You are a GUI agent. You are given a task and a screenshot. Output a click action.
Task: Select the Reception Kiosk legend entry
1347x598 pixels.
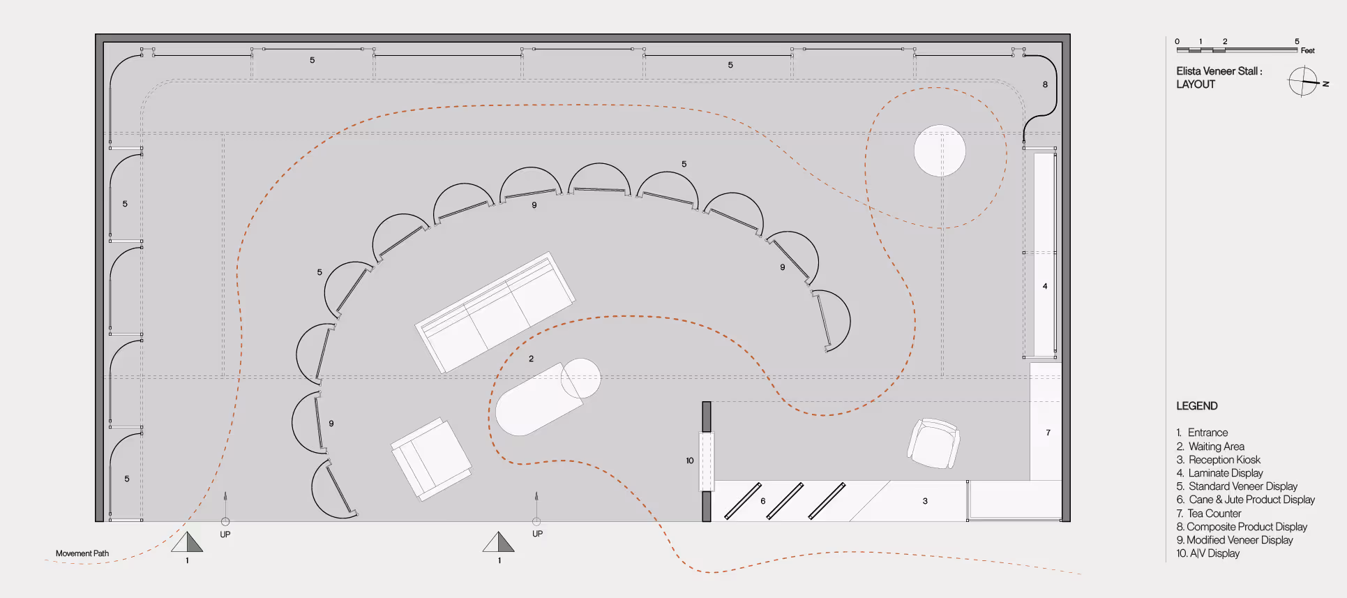pos(1224,460)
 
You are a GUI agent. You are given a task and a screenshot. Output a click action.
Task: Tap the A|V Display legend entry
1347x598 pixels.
pos(1213,553)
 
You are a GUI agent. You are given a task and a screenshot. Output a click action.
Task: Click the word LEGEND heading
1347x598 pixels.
pos(1196,406)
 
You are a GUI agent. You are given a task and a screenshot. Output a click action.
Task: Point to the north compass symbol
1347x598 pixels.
pos(1304,82)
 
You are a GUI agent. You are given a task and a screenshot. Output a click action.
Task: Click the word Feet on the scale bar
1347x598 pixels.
pos(1307,51)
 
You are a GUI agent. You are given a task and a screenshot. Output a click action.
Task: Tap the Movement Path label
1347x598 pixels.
pos(82,553)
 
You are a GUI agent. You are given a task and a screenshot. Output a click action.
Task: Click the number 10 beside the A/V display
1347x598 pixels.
pos(690,461)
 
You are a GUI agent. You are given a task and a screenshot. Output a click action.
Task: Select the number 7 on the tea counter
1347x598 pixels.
pos(1048,433)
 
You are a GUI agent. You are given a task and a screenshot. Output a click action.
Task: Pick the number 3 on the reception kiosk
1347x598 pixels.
pos(925,501)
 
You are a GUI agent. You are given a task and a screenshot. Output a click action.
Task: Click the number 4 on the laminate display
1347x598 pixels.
pos(1045,286)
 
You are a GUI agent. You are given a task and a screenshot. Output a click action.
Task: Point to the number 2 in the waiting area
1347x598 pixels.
pos(531,359)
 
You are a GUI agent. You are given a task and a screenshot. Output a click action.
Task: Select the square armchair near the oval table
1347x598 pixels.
pos(430,458)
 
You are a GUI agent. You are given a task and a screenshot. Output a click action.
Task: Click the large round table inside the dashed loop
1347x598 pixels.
pos(940,151)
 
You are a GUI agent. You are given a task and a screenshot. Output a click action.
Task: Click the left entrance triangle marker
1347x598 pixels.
pos(187,542)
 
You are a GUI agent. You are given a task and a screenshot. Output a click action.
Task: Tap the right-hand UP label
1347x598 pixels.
pos(537,534)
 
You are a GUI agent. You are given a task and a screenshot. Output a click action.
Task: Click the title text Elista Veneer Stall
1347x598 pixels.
pos(1219,71)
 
